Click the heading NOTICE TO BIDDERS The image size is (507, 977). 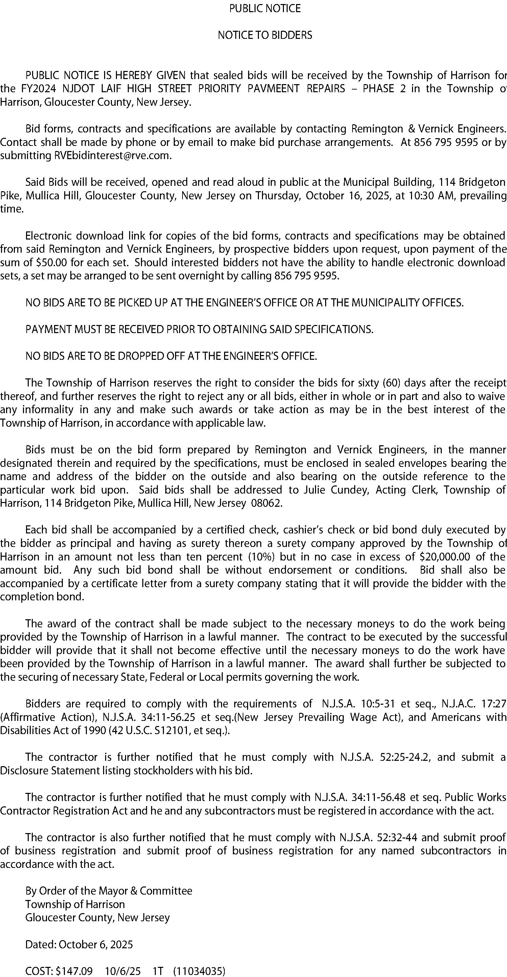(265, 35)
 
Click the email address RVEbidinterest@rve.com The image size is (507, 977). (111, 155)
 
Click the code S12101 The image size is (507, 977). (169, 731)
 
